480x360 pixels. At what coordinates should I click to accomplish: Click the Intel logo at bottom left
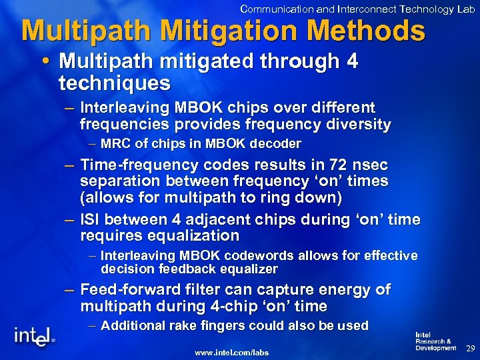34,335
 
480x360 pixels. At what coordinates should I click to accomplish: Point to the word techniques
114,83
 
